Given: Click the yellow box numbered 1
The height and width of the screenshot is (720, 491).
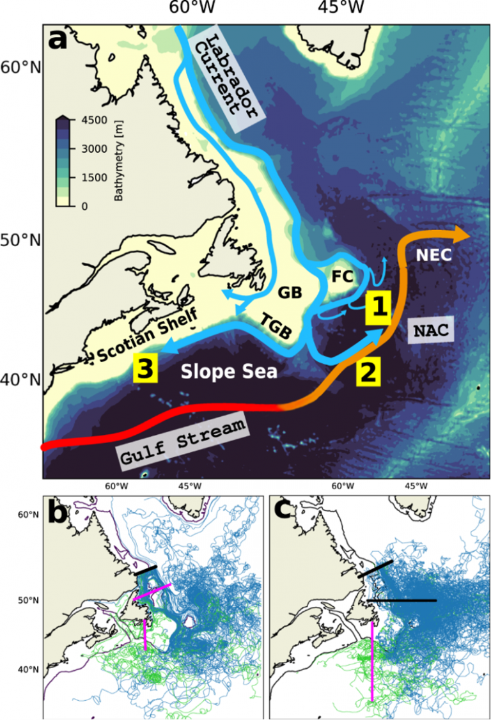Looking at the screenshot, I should tap(378, 308).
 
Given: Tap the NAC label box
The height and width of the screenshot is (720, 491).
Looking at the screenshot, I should tap(429, 331).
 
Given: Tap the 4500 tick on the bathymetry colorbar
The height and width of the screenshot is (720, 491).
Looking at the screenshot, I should tap(90, 120).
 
